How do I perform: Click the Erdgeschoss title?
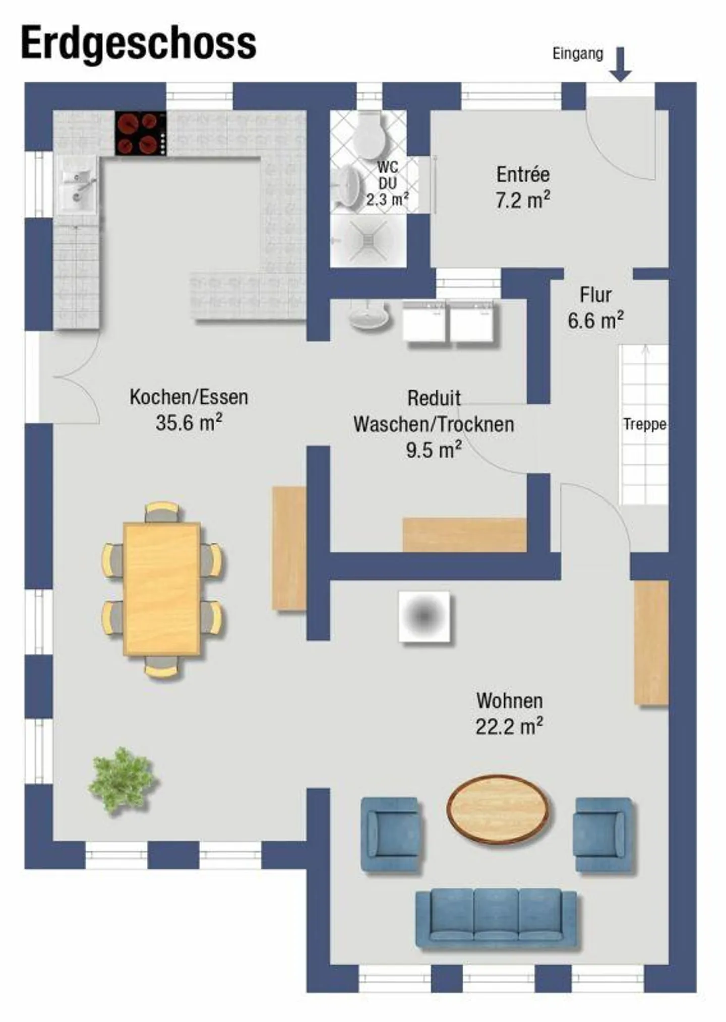pos(139,44)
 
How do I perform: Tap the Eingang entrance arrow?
pos(621,64)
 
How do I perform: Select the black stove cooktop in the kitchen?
pos(141,133)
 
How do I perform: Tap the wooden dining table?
pos(162,589)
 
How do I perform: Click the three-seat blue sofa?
pos(496,919)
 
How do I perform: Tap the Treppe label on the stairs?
pos(644,424)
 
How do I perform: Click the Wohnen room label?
pos(509,701)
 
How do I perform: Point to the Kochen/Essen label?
pos(189,397)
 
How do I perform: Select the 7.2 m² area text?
pos(522,200)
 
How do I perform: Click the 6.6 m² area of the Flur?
pos(595,321)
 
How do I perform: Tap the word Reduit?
pos(434,398)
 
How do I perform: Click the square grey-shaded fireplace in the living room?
pos(424,617)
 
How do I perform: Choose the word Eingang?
pos(578,54)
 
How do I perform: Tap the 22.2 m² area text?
pos(509,727)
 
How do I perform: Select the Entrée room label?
pos(523,174)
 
